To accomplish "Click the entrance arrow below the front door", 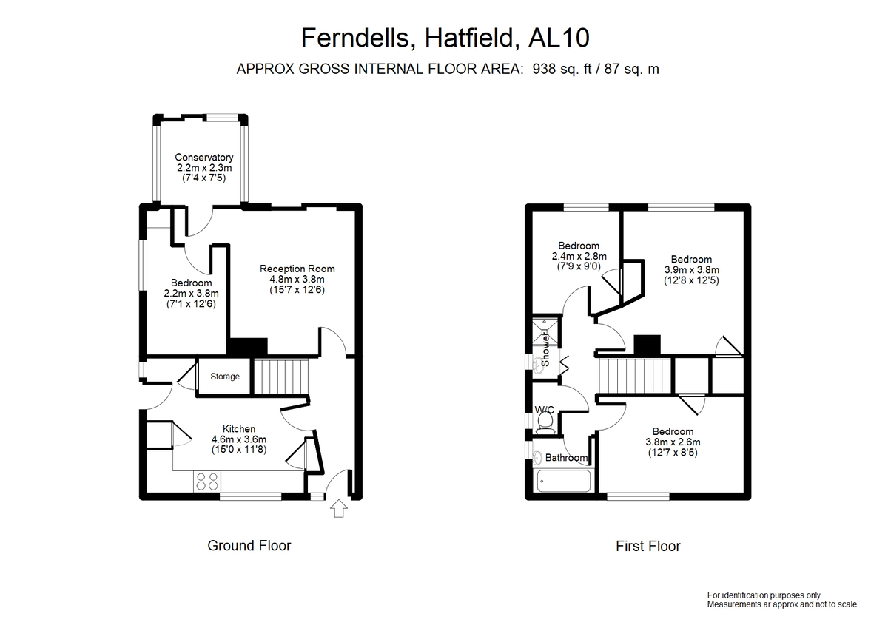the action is [338, 508].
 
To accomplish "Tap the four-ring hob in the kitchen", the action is [207, 482].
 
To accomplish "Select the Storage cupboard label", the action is [225, 377].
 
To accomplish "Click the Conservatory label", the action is [204, 158].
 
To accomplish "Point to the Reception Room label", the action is [297, 269].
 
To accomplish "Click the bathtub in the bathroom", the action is [563, 481].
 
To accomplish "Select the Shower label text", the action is [545, 349].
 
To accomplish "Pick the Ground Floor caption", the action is [249, 546].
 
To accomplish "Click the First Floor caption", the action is [648, 546].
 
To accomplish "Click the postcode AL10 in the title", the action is [559, 38].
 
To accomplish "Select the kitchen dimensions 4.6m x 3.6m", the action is [238, 439].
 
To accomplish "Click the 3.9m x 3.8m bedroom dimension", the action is [691, 270].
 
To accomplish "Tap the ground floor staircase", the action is [280, 377].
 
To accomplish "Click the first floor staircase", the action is [635, 375].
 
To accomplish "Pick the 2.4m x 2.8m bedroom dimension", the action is [579, 256].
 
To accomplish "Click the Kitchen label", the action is [238, 429].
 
